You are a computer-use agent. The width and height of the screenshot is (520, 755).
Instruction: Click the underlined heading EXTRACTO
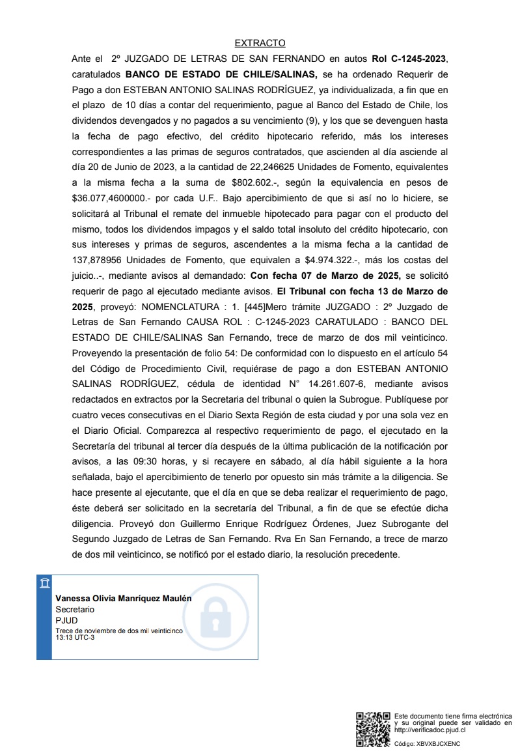coord(260,43)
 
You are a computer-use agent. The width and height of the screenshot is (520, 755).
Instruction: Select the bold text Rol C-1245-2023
coord(410,59)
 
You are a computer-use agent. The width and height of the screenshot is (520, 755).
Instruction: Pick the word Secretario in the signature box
coord(75,609)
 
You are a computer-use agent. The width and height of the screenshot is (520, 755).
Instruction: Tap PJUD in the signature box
coord(66,620)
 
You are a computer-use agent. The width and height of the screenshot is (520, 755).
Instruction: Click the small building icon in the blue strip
coord(44,583)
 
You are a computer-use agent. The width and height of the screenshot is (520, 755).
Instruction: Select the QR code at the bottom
coord(373,730)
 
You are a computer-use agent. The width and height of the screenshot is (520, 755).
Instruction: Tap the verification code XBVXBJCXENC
coord(438,743)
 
